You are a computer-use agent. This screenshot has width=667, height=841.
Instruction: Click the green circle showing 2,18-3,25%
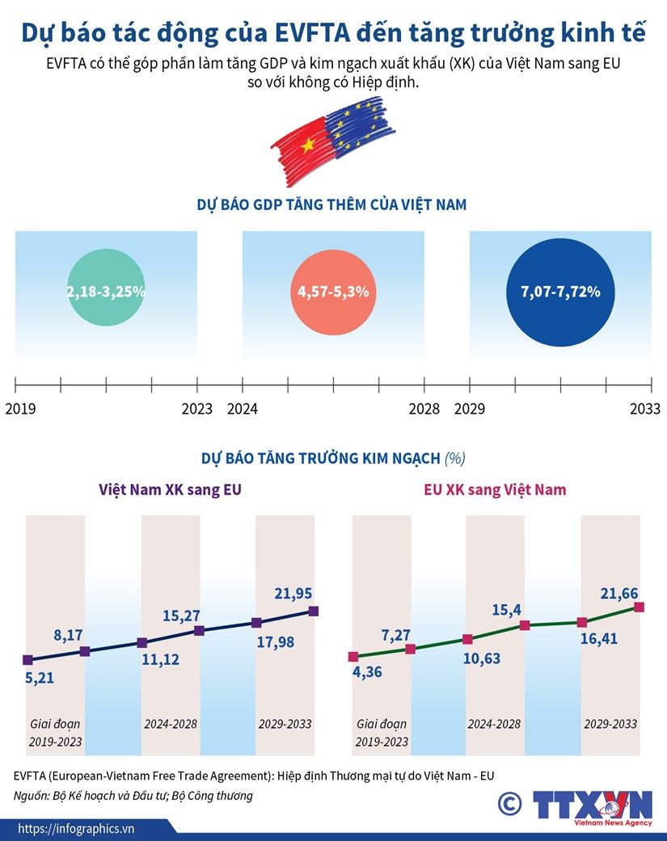[x=106, y=292]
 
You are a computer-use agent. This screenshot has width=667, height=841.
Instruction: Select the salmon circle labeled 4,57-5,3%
[x=333, y=292]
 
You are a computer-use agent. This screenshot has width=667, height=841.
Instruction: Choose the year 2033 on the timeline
[x=645, y=409]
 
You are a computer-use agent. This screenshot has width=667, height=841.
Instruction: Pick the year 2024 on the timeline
[x=243, y=409]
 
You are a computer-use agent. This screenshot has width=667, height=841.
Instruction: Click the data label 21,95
[x=293, y=594]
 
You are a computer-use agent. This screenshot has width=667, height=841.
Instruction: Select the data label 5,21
[x=40, y=678]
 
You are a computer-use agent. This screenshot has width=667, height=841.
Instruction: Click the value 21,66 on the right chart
[x=619, y=594]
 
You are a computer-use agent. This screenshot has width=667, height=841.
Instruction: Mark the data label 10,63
[x=482, y=658]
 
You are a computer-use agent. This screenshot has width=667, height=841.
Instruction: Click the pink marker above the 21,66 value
[x=639, y=607]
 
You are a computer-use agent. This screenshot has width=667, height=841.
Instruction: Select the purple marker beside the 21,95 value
[x=314, y=611]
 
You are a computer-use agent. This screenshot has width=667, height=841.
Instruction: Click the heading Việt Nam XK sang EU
[x=170, y=490]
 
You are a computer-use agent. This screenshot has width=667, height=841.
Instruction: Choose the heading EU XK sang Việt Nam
[x=495, y=490]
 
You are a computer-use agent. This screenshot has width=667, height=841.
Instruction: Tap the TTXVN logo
[x=592, y=806]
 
